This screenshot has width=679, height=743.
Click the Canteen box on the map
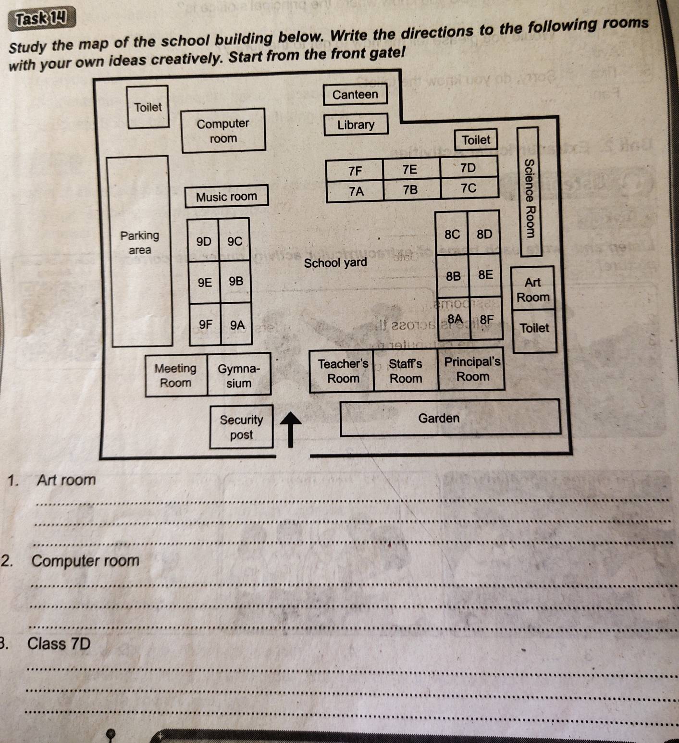coord(355,95)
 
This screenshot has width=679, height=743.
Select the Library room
coord(356,125)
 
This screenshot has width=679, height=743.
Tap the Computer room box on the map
coord(223,131)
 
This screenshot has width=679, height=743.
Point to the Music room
coord(226,197)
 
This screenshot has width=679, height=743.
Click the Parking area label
coord(139,242)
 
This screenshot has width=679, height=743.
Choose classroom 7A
coord(356,191)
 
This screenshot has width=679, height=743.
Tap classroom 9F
coord(205,324)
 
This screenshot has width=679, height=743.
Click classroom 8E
coord(485,275)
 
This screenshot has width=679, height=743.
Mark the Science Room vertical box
coord(529,192)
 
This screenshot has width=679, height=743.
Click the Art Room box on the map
coord(532,289)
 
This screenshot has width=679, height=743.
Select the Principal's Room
coord(472,369)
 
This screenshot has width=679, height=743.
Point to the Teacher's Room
coord(343,371)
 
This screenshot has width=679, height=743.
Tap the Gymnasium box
coord(239,376)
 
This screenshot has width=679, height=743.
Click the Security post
coord(241,427)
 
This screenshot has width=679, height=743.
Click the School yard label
coord(335,263)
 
